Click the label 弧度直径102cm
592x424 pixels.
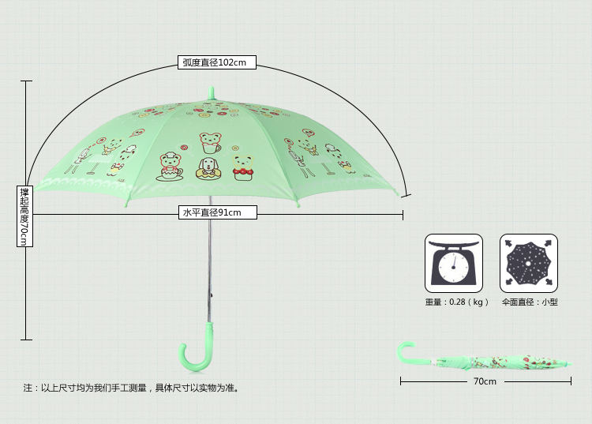click(x=215, y=62)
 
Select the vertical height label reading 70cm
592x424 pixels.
click(x=24, y=216)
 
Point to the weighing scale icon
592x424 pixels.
click(x=454, y=263)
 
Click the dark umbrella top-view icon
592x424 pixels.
click(x=528, y=263)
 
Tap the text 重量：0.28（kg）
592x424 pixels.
click(x=457, y=302)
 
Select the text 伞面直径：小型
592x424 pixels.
click(x=529, y=302)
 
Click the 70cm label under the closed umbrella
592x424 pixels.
click(x=485, y=381)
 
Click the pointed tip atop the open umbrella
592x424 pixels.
click(x=211, y=92)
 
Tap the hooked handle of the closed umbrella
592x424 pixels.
click(x=406, y=352)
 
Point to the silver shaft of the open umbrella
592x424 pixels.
click(x=210, y=253)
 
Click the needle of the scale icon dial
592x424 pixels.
click(x=455, y=262)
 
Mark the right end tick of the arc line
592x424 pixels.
click(x=404, y=194)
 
